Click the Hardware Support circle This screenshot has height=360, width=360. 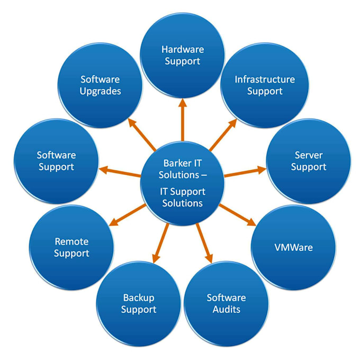click(182, 56)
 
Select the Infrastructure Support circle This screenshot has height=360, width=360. click(265, 85)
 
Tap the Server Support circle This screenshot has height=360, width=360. click(308, 161)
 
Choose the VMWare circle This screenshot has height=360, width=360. click(293, 247)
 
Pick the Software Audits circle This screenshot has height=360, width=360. click(226, 303)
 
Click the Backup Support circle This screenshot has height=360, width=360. click(138, 303)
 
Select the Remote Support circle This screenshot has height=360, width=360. click(71, 247)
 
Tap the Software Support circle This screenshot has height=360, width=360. click(56, 161)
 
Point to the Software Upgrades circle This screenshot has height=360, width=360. click(101, 85)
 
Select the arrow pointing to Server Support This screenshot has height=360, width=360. click(245, 172)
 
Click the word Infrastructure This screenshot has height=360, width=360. click(265, 79)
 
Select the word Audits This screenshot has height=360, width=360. click(226, 309)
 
